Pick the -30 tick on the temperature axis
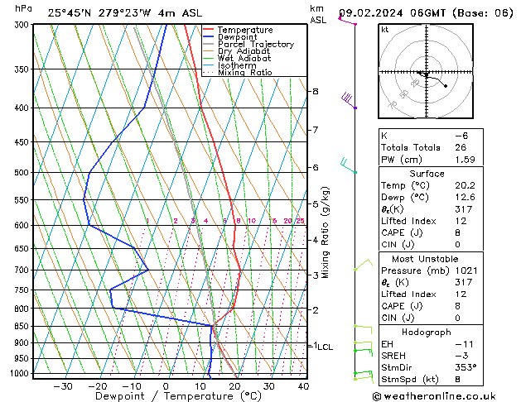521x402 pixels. click(62, 385)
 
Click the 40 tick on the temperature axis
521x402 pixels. click(303, 385)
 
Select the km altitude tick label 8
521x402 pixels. click(315, 91)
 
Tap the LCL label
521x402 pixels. click(325, 347)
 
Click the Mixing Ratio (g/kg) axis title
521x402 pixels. click(326, 232)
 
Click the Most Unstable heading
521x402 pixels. click(427, 259)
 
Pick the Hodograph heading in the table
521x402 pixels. click(427, 332)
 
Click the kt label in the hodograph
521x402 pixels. click(384, 30)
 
